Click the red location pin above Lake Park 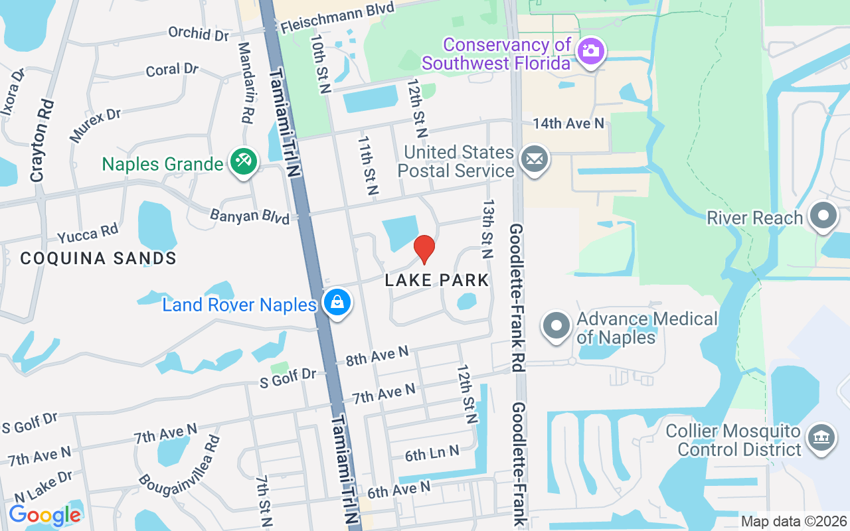coord(424,249)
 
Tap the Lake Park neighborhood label coord(437,280)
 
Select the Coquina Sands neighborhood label coord(98,258)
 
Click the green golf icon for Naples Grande coord(244,163)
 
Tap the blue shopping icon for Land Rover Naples coord(337,303)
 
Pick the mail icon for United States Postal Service coord(535,160)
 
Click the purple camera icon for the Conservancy coord(589,51)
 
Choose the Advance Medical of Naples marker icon coord(556,326)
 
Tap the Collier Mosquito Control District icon coord(821,437)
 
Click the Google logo coord(44,515)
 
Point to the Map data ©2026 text coord(794,522)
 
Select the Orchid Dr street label coord(198,33)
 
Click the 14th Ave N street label coord(568,123)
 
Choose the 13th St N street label coord(489,228)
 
